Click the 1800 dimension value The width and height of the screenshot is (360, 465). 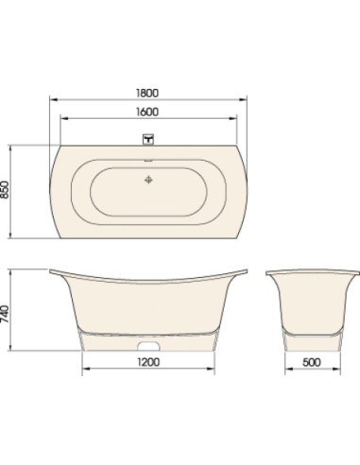pos(147,93)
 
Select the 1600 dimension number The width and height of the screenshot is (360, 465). pos(147,112)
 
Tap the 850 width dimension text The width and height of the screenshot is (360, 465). pos(5,189)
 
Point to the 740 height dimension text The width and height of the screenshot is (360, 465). pos(5,314)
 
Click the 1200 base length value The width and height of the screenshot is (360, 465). pos(148,362)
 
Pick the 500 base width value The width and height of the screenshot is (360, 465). pos(312,362)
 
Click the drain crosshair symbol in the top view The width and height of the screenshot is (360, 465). pos(148,180)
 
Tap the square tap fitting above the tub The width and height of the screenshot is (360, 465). pos(148,139)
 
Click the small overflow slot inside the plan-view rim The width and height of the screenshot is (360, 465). pos(148,161)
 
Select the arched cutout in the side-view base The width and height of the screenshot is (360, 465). pos(148,346)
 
